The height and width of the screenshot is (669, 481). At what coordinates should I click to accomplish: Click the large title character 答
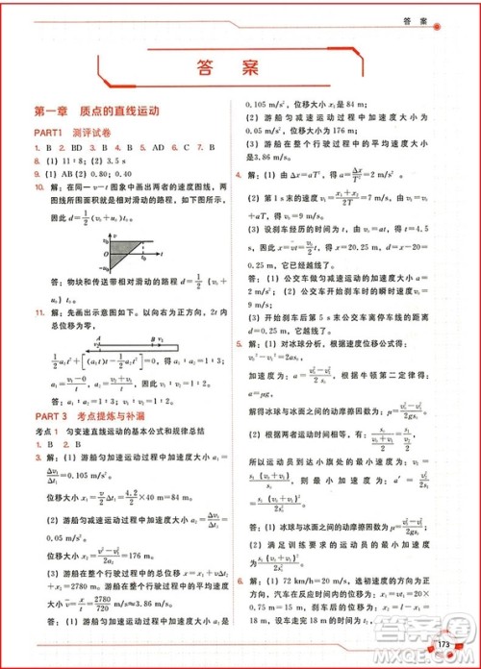(205, 68)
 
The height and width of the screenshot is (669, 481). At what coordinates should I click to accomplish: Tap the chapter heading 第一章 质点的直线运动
(94, 111)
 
